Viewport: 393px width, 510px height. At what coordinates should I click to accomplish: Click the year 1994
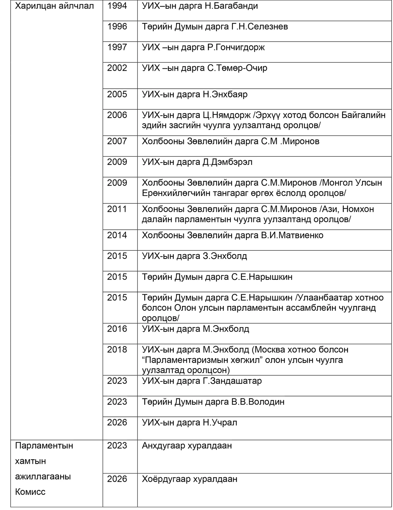pyautogui.click(x=117, y=6)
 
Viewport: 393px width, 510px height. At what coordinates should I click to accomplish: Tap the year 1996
pyautogui.click(x=117, y=27)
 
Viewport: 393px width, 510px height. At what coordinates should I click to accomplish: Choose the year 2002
pyautogui.click(x=117, y=68)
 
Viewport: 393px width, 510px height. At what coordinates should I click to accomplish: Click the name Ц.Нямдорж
pyautogui.click(x=226, y=115)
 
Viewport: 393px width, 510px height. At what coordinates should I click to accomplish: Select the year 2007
pyautogui.click(x=117, y=141)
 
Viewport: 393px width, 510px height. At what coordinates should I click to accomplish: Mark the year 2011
pyautogui.click(x=117, y=209)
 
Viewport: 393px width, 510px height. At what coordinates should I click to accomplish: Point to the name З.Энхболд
pyautogui.click(x=225, y=256)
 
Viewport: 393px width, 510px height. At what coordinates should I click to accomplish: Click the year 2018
pyautogui.click(x=117, y=350)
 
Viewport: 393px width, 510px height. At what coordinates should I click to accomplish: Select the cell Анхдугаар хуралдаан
pyautogui.click(x=187, y=446)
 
